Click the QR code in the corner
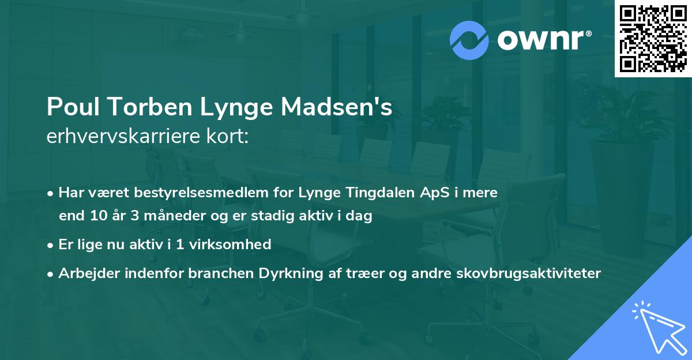tap(653, 38)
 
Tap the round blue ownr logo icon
tap(469, 40)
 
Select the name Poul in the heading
tap(70, 108)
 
